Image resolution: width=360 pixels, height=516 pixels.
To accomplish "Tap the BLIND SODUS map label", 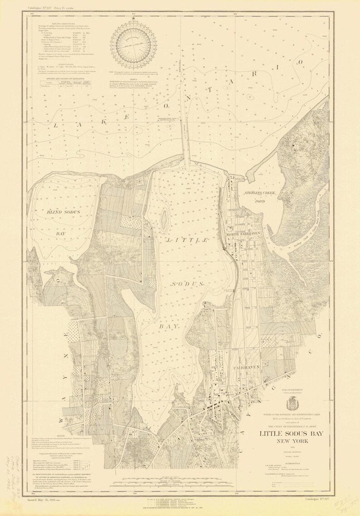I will click(x=63, y=212).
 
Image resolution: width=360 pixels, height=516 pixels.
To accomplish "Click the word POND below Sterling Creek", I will click(x=260, y=200).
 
